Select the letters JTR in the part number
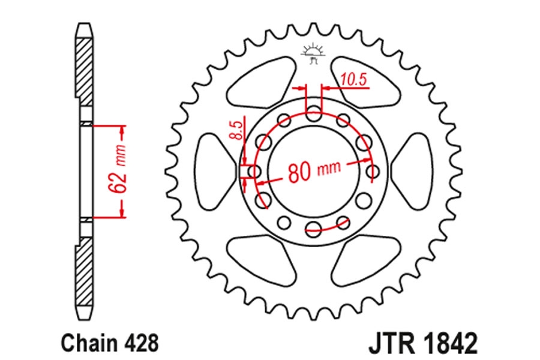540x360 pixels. click(x=391, y=343)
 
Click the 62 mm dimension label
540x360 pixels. click(x=117, y=171)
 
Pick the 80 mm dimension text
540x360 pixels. click(x=314, y=170)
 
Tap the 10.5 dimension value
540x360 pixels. click(x=353, y=80)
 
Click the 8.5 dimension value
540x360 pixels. click(x=236, y=130)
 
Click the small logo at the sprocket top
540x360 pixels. click(x=313, y=53)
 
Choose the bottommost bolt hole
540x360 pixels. click(x=313, y=228)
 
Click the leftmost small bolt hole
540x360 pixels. click(x=255, y=171)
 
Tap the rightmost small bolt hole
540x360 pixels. click(x=372, y=171)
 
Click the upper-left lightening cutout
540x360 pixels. click(x=261, y=83)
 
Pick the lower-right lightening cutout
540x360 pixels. click(x=367, y=260)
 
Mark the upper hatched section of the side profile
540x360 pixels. click(x=84, y=72)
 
